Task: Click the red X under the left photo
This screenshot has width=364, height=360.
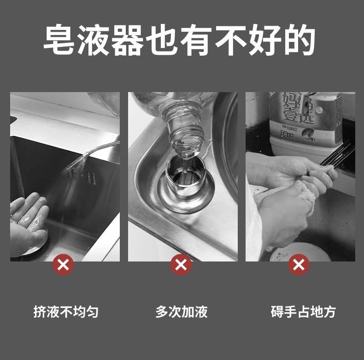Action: [x=63, y=265]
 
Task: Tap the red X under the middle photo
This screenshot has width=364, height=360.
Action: [x=181, y=265]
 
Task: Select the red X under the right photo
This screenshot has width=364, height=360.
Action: [x=299, y=265]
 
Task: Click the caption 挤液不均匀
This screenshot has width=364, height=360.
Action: [x=66, y=312]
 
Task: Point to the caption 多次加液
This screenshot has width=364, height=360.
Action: [x=182, y=312]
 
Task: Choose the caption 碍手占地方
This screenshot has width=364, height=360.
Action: [x=303, y=312]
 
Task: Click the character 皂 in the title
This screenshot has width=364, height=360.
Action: [x=59, y=40]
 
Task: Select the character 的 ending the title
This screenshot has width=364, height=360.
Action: [x=299, y=40]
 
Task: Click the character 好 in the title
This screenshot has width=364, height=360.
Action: [x=265, y=40]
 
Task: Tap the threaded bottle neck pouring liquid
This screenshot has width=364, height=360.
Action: [x=182, y=130]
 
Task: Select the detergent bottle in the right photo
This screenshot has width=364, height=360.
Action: [x=306, y=123]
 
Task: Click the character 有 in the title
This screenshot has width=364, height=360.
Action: [x=196, y=40]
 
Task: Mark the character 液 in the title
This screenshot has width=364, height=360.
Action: [x=93, y=40]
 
